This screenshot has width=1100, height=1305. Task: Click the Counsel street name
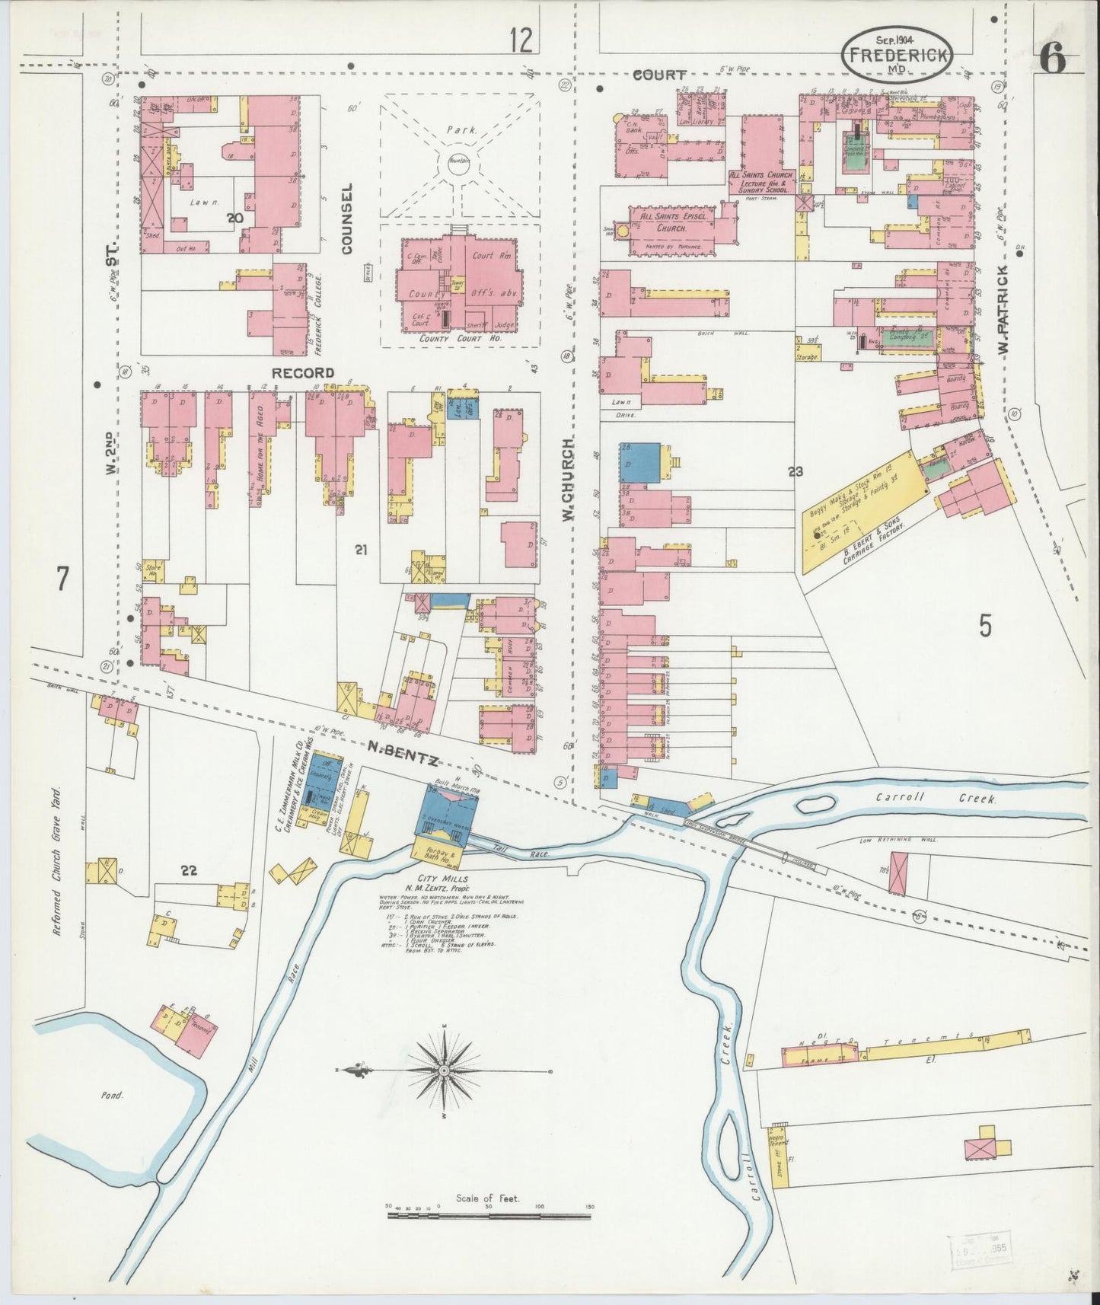click(348, 218)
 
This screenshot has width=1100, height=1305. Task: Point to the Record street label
click(303, 373)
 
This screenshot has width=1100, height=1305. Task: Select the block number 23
click(796, 472)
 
